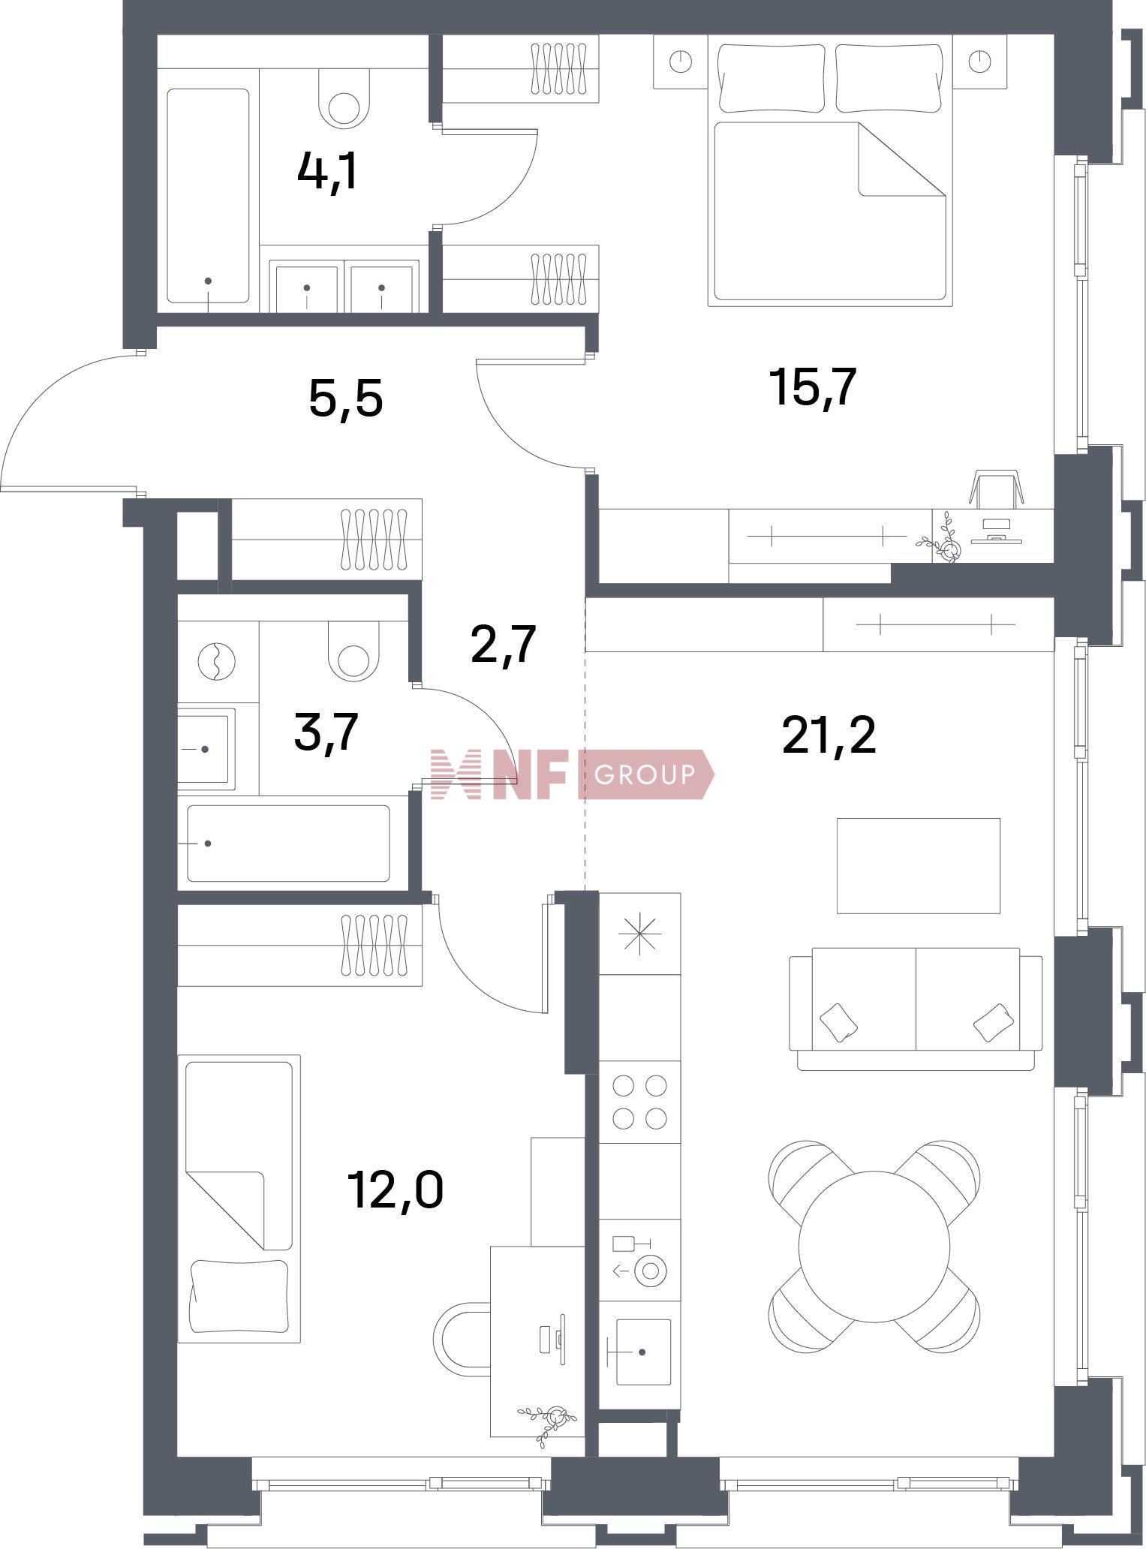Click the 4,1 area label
[327, 173]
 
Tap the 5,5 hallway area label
[346, 398]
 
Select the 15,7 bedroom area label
[813, 387]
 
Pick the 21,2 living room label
[829, 735]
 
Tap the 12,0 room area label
[396, 1190]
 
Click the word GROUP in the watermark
[645, 773]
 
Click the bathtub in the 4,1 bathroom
[208, 196]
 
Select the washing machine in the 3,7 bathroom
[217, 663]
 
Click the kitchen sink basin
[642, 1352]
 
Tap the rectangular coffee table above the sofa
[919, 865]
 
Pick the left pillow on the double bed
[773, 78]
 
